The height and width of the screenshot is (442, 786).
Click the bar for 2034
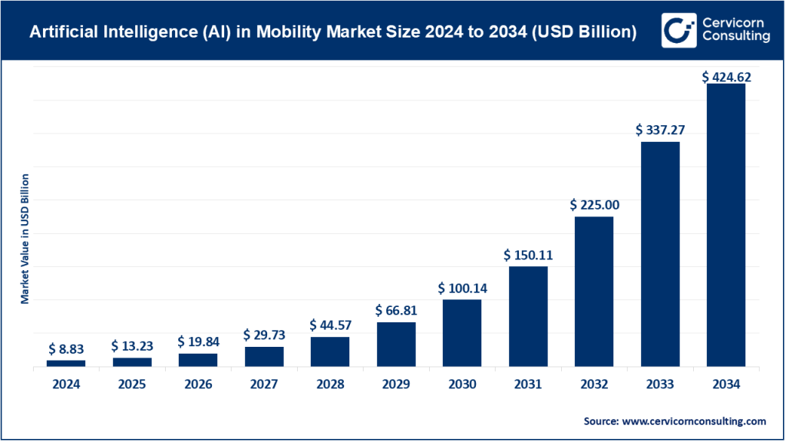point(725,225)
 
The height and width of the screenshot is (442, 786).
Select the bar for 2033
point(660,254)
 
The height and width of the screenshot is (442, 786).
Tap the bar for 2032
point(594,292)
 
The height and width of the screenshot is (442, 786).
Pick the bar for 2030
point(462,333)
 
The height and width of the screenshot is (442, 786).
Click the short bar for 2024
point(66,363)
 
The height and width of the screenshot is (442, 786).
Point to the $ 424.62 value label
point(726,77)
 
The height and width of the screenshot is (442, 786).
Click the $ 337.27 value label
point(660,130)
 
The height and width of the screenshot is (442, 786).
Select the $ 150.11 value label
point(528,254)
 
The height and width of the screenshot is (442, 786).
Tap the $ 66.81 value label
point(396,310)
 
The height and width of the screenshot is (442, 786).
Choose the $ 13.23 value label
point(132,345)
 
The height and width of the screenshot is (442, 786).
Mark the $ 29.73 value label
point(264,335)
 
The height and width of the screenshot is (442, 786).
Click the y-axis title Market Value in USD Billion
point(25,239)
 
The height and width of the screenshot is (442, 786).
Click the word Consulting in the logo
point(733,38)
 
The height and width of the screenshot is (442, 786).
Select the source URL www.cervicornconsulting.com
point(692,421)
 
